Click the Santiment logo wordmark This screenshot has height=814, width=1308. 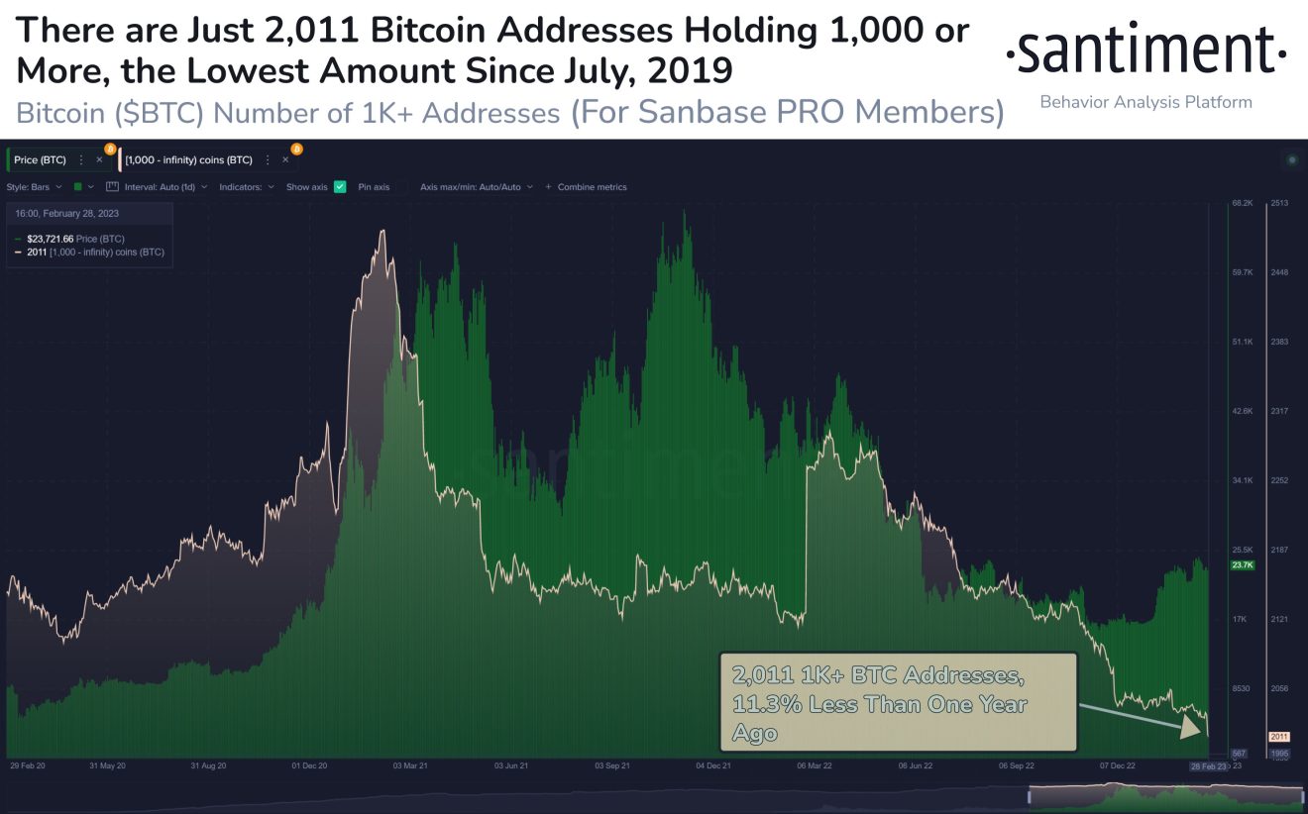click(1146, 51)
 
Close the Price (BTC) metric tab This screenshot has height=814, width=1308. click(99, 159)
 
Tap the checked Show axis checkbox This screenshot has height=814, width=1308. click(340, 186)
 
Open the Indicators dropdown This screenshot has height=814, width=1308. click(247, 186)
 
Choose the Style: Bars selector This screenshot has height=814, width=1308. click(35, 186)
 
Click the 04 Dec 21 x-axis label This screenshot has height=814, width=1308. click(713, 765)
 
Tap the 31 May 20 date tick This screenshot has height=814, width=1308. click(108, 765)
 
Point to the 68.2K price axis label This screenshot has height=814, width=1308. click(1243, 203)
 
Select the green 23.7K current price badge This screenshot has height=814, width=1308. click(1243, 565)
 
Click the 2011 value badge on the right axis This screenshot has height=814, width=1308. click(1279, 737)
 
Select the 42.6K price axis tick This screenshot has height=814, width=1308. click(1243, 411)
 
